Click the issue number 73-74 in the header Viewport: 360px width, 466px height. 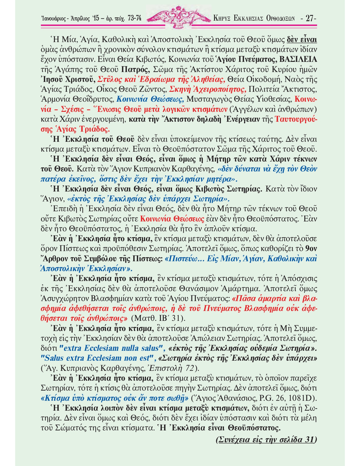pos(134,18)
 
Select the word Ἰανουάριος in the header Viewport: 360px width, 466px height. pos(54,19)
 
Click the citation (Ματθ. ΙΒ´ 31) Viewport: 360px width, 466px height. pos(158,318)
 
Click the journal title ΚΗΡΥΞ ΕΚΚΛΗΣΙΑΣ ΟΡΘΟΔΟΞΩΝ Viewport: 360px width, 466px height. pos(254,19)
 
